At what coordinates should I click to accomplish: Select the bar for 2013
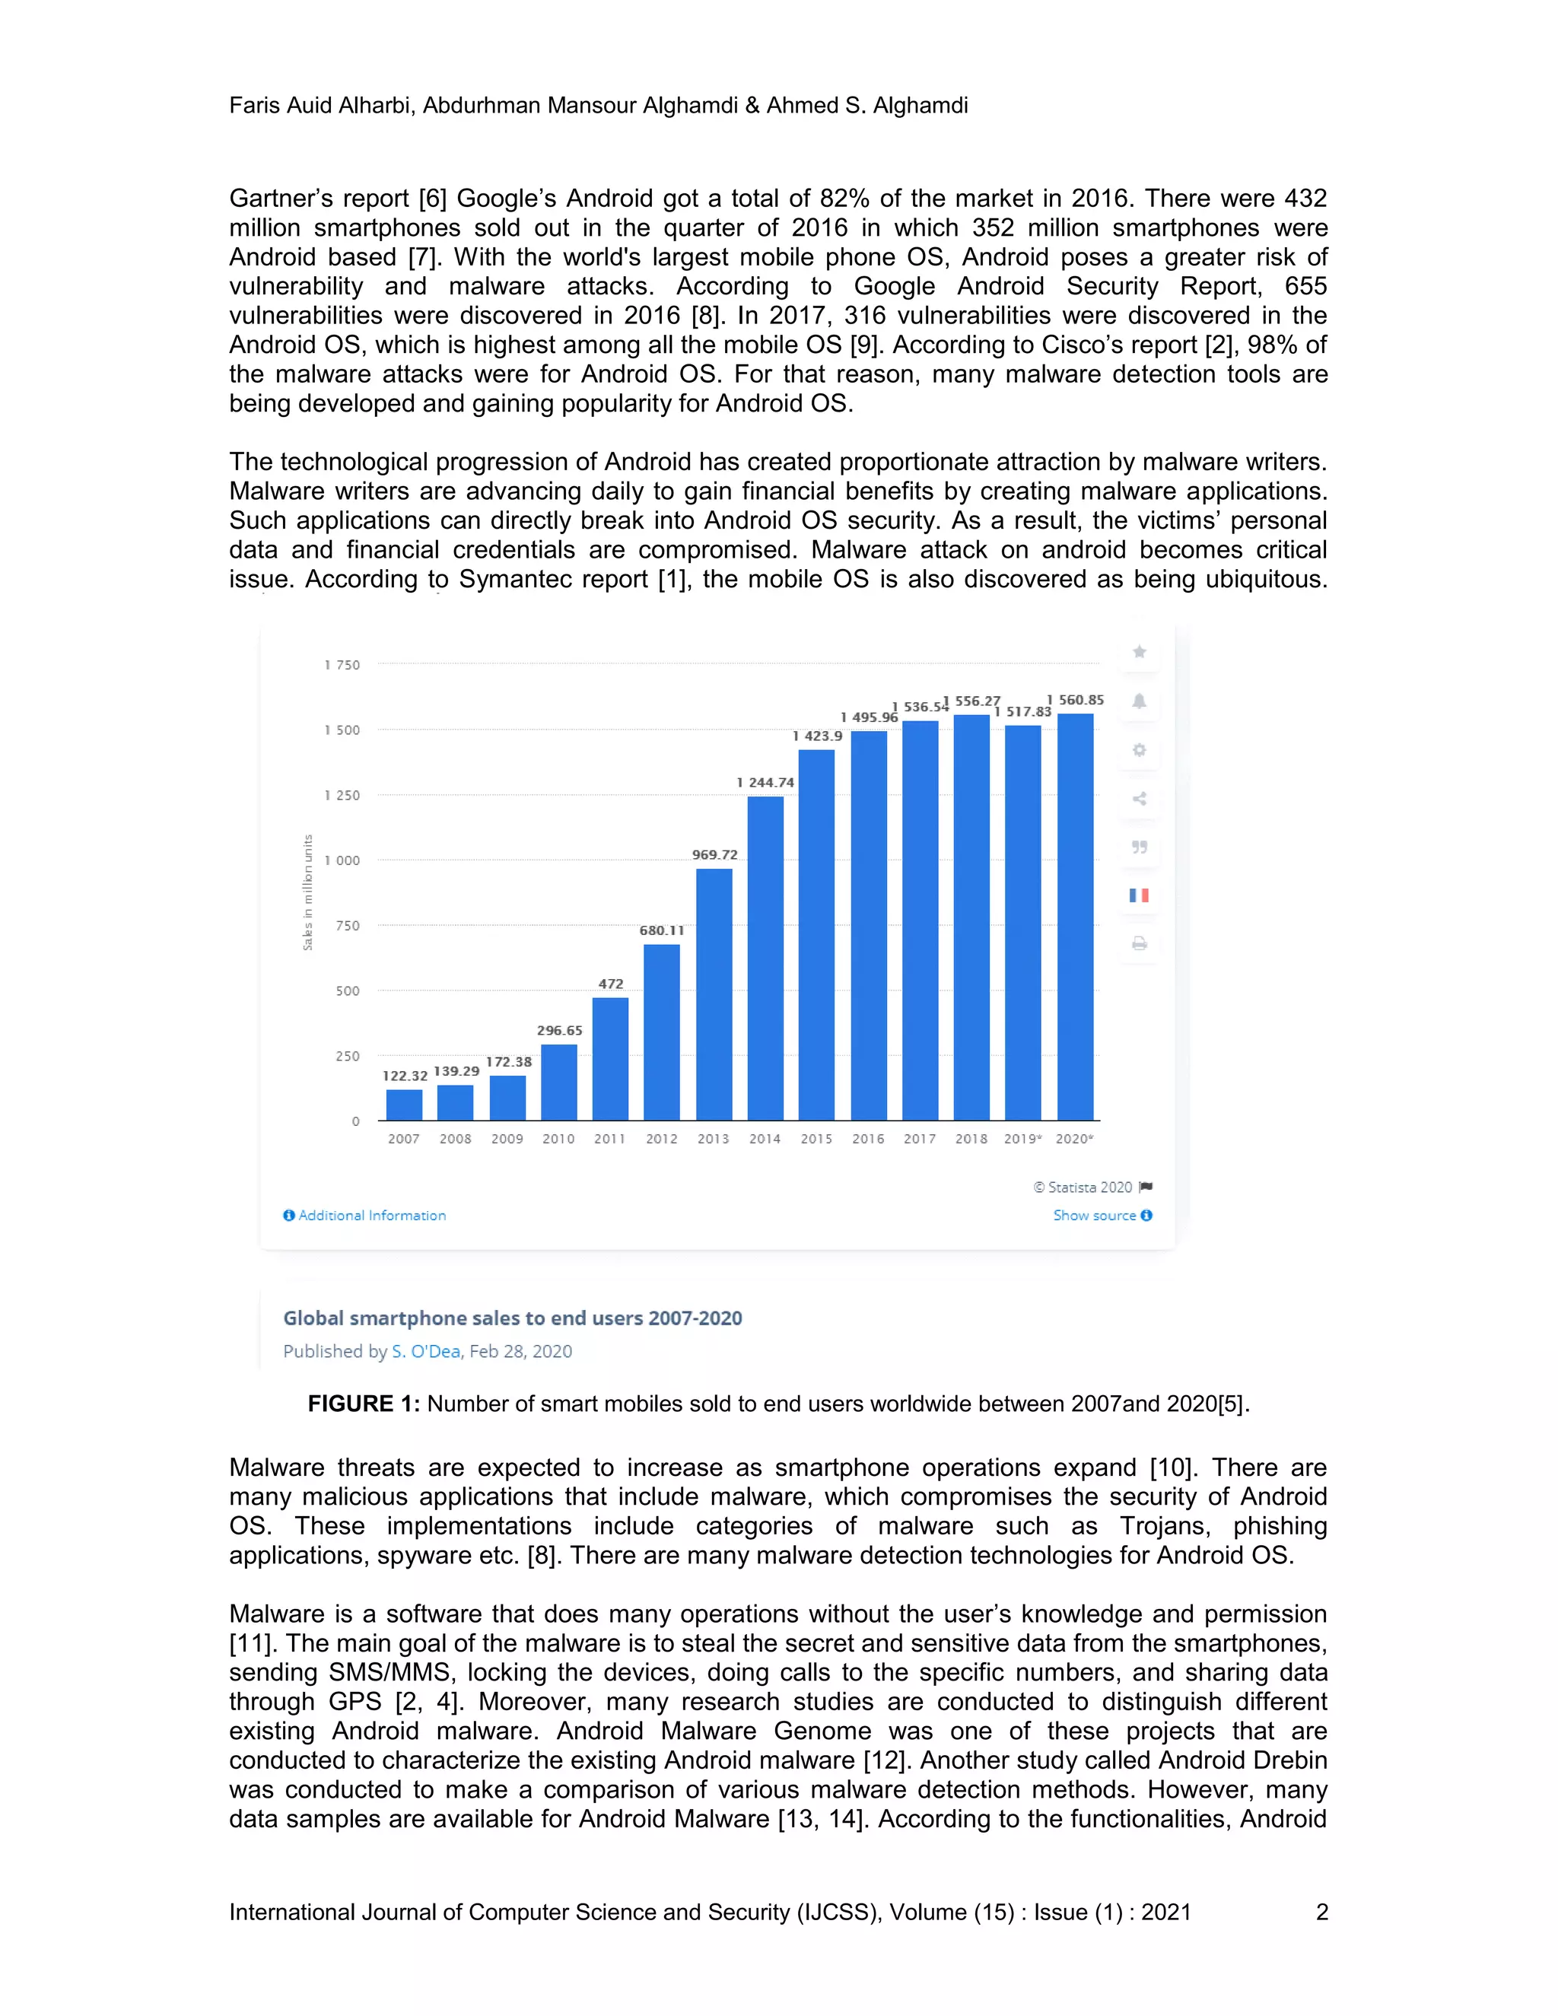714,994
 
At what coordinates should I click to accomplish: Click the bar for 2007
404,1105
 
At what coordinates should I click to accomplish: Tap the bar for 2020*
1075,917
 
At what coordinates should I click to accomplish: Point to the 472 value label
611,984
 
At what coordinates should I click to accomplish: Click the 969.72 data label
714,855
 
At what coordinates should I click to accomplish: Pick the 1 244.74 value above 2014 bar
765,782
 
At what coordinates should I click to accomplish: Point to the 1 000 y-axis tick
342,860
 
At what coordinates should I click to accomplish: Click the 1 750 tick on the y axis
342,665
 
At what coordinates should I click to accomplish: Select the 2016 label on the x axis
867,1139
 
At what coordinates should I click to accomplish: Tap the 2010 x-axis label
558,1139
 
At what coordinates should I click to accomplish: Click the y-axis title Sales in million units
308,892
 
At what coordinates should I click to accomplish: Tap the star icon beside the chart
1139,653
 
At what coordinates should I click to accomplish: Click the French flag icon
1139,895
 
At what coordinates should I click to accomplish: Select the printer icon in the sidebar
1139,943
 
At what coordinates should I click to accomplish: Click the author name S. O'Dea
425,1351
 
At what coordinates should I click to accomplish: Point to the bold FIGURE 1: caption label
364,1404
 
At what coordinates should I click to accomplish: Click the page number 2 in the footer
1321,1912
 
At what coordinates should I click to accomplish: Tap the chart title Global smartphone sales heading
512,1318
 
